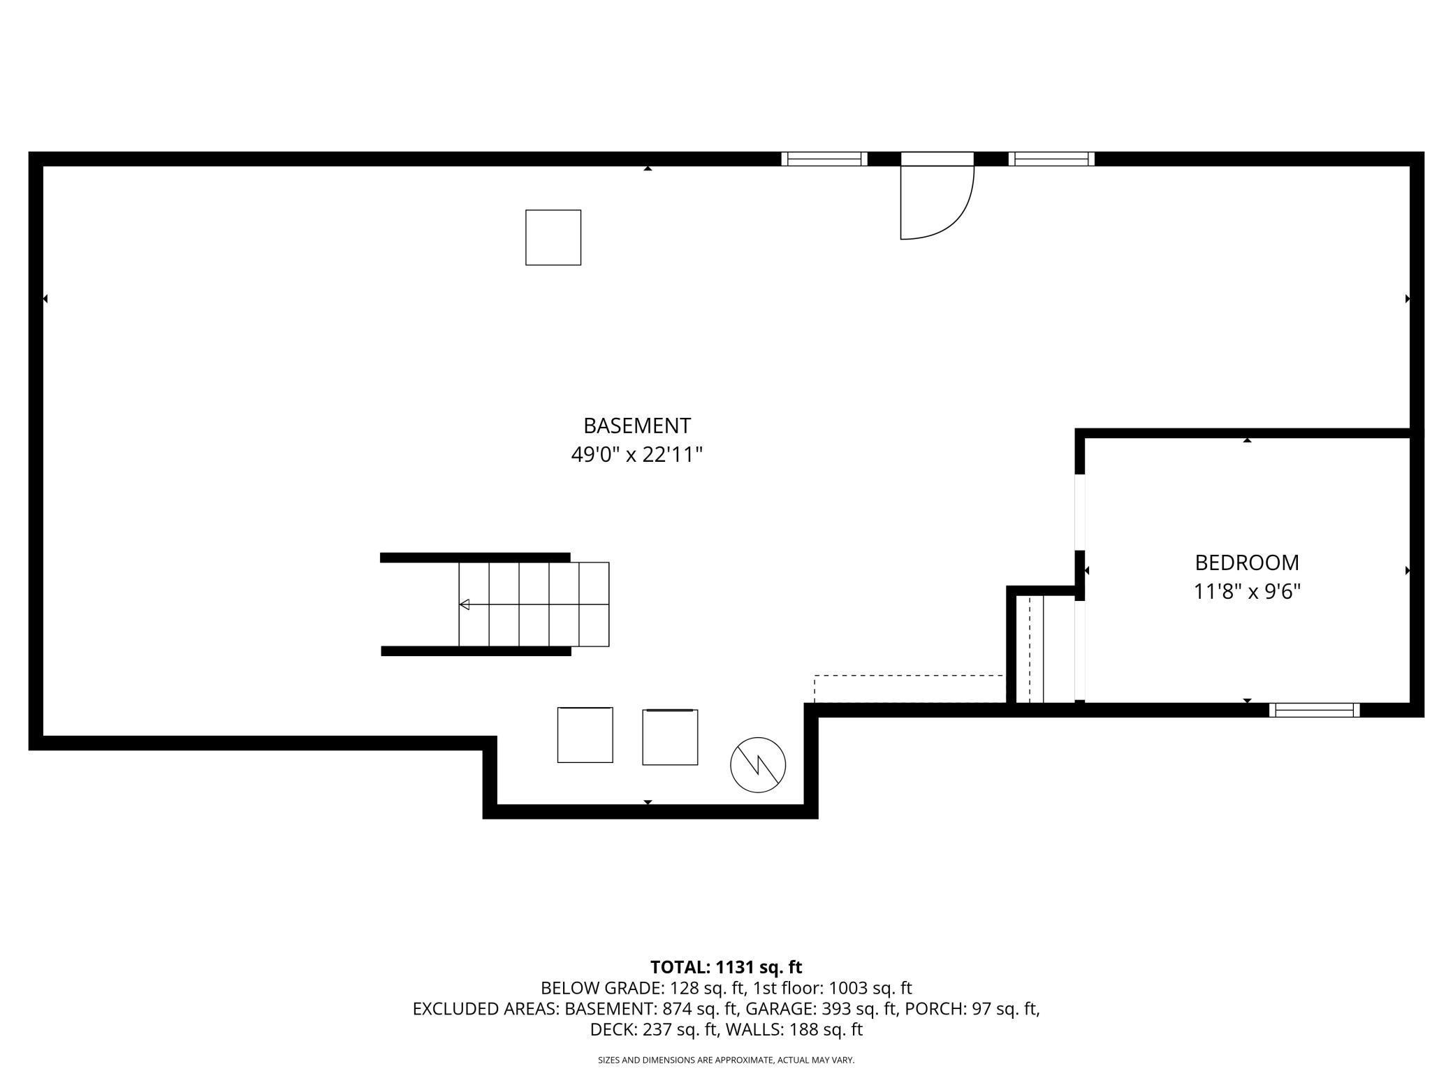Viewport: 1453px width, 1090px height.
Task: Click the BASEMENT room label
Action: (636, 426)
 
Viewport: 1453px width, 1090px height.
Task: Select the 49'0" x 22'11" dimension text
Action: (636, 455)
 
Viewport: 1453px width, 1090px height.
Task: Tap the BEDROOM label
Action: (1246, 562)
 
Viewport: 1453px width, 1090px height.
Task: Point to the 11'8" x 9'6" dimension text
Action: (1246, 592)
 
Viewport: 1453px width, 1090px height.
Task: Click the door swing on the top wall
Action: (936, 203)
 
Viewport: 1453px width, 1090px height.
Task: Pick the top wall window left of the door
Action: (824, 159)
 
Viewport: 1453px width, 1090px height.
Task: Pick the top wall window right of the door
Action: (1051, 159)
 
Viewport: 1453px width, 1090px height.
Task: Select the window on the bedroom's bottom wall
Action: (1314, 710)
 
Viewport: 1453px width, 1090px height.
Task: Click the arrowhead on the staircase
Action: (465, 604)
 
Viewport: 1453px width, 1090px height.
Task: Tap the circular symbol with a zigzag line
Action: (758, 765)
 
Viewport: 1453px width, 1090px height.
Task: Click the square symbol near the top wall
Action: (553, 238)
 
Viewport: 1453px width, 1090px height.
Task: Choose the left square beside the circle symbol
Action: (585, 735)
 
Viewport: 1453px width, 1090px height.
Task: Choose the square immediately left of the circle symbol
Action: (670, 737)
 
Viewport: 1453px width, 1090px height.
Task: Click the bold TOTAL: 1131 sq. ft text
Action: (726, 967)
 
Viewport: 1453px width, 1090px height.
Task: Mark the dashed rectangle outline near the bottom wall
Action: (909, 689)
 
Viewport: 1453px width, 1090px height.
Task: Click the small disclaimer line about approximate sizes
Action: (726, 1060)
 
